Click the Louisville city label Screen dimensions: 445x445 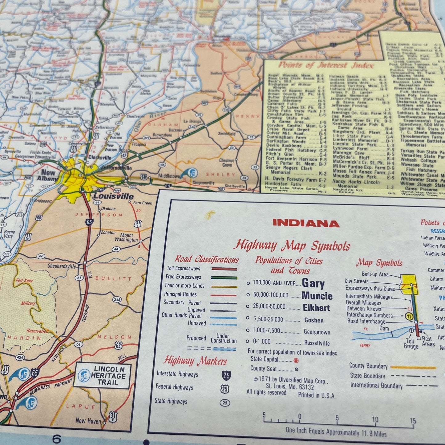pyautogui.click(x=113, y=196)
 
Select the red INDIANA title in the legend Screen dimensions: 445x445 pyautogui.click(x=306, y=223)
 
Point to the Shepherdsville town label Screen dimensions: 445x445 pyautogui.click(x=62, y=266)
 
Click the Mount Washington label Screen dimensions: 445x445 pyautogui.click(x=126, y=237)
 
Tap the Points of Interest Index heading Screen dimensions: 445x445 pyautogui.click(x=326, y=65)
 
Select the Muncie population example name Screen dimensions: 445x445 pyautogui.click(x=317, y=296)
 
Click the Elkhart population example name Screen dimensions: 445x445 pyautogui.click(x=316, y=308)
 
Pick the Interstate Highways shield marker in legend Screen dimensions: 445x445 pyautogui.click(x=226, y=375)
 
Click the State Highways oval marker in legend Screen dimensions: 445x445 pyautogui.click(x=225, y=403)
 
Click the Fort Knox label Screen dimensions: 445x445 pyautogui.click(x=24, y=281)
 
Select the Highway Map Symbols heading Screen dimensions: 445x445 pyautogui.click(x=292, y=245)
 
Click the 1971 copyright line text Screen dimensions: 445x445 pyautogui.click(x=291, y=380)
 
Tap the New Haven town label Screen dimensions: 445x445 pyautogui.click(x=88, y=421)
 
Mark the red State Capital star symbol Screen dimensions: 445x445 pyautogui.click(x=296, y=360)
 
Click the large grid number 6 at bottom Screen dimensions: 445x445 pyautogui.click(x=57, y=438)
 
